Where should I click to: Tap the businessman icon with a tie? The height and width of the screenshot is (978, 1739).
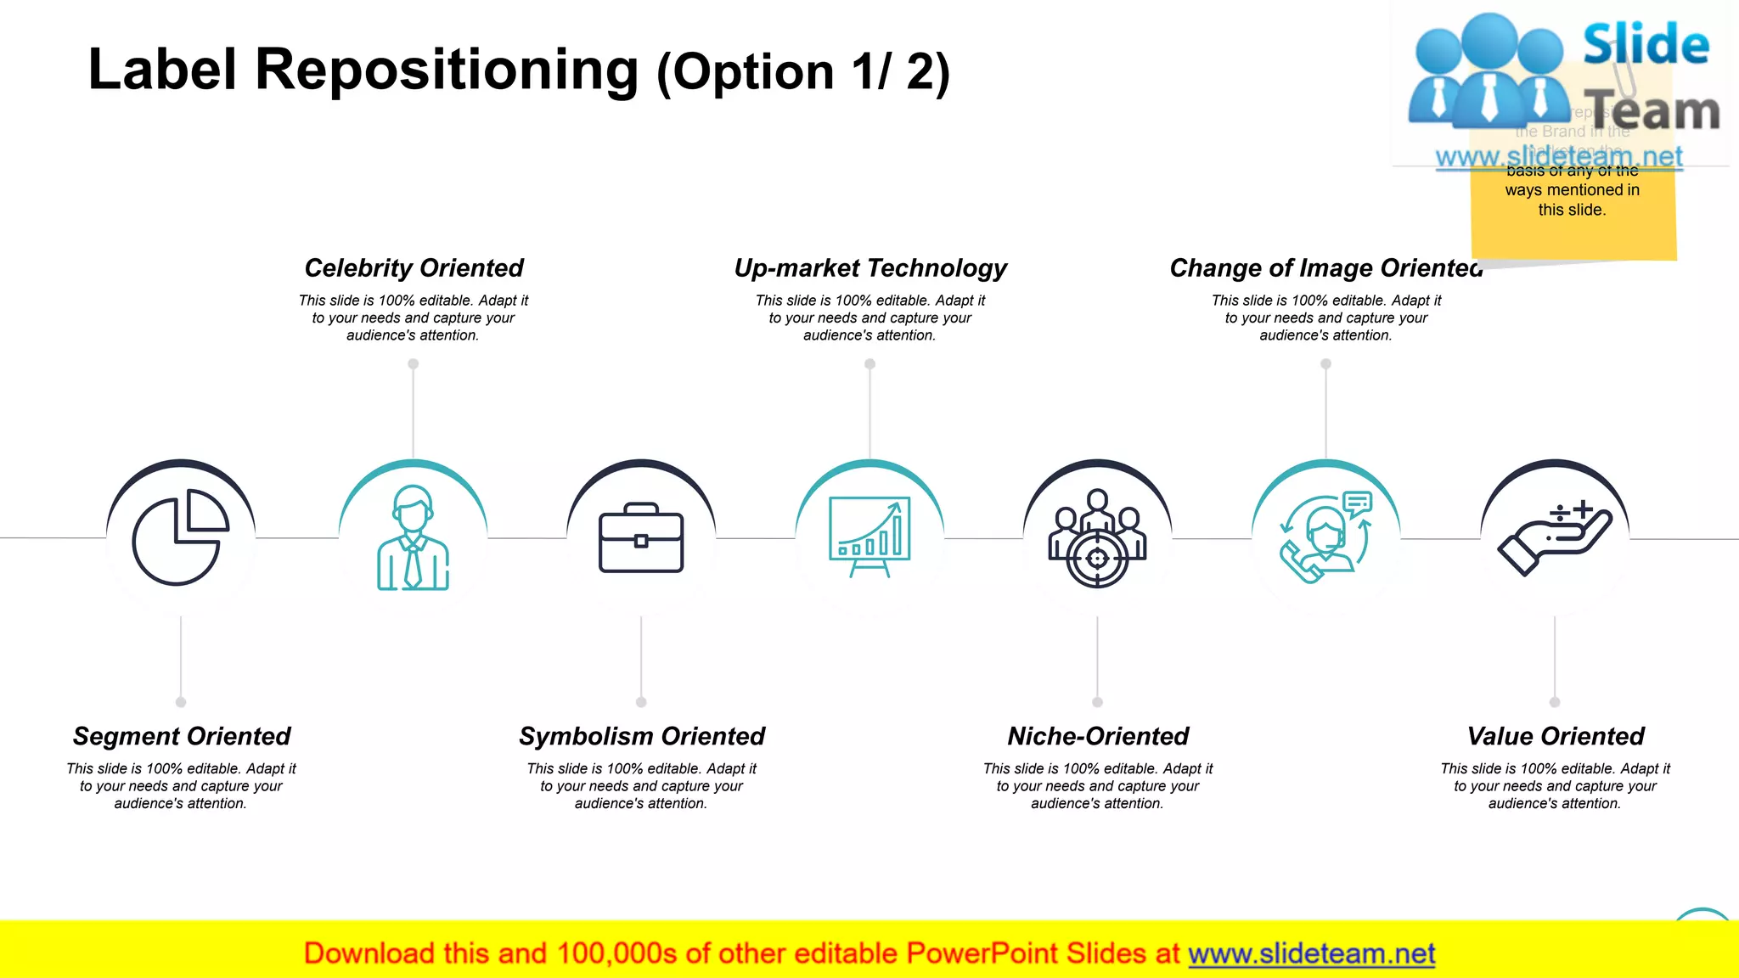click(413, 537)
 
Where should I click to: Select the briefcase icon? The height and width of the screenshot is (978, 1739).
click(641, 538)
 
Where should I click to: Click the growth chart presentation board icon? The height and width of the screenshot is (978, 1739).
click(869, 537)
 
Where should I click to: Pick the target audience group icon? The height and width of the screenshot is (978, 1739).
click(1097, 538)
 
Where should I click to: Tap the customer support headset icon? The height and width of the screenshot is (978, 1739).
click(1325, 537)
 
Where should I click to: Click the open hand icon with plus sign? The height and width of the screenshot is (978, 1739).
click(1555, 538)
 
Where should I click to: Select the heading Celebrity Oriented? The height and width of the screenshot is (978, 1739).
click(414, 268)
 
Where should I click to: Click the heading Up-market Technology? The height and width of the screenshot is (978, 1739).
click(869, 268)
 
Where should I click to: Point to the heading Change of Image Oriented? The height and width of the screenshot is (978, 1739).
click(1325, 268)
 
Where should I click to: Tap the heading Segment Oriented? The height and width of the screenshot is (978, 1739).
click(181, 736)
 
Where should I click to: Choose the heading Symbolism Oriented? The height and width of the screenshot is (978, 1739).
click(641, 736)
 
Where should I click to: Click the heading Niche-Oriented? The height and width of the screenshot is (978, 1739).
click(1097, 736)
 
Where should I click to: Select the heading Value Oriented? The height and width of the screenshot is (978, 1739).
click(1555, 736)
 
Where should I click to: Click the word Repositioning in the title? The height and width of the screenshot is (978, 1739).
click(447, 70)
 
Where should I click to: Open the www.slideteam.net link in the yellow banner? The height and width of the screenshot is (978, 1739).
click(1311, 954)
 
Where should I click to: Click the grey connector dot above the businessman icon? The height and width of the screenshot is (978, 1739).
click(413, 364)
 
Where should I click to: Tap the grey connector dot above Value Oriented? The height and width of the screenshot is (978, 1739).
click(1555, 702)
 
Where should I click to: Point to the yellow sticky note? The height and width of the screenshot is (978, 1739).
click(1573, 212)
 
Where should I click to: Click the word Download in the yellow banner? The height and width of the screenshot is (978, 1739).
click(369, 954)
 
